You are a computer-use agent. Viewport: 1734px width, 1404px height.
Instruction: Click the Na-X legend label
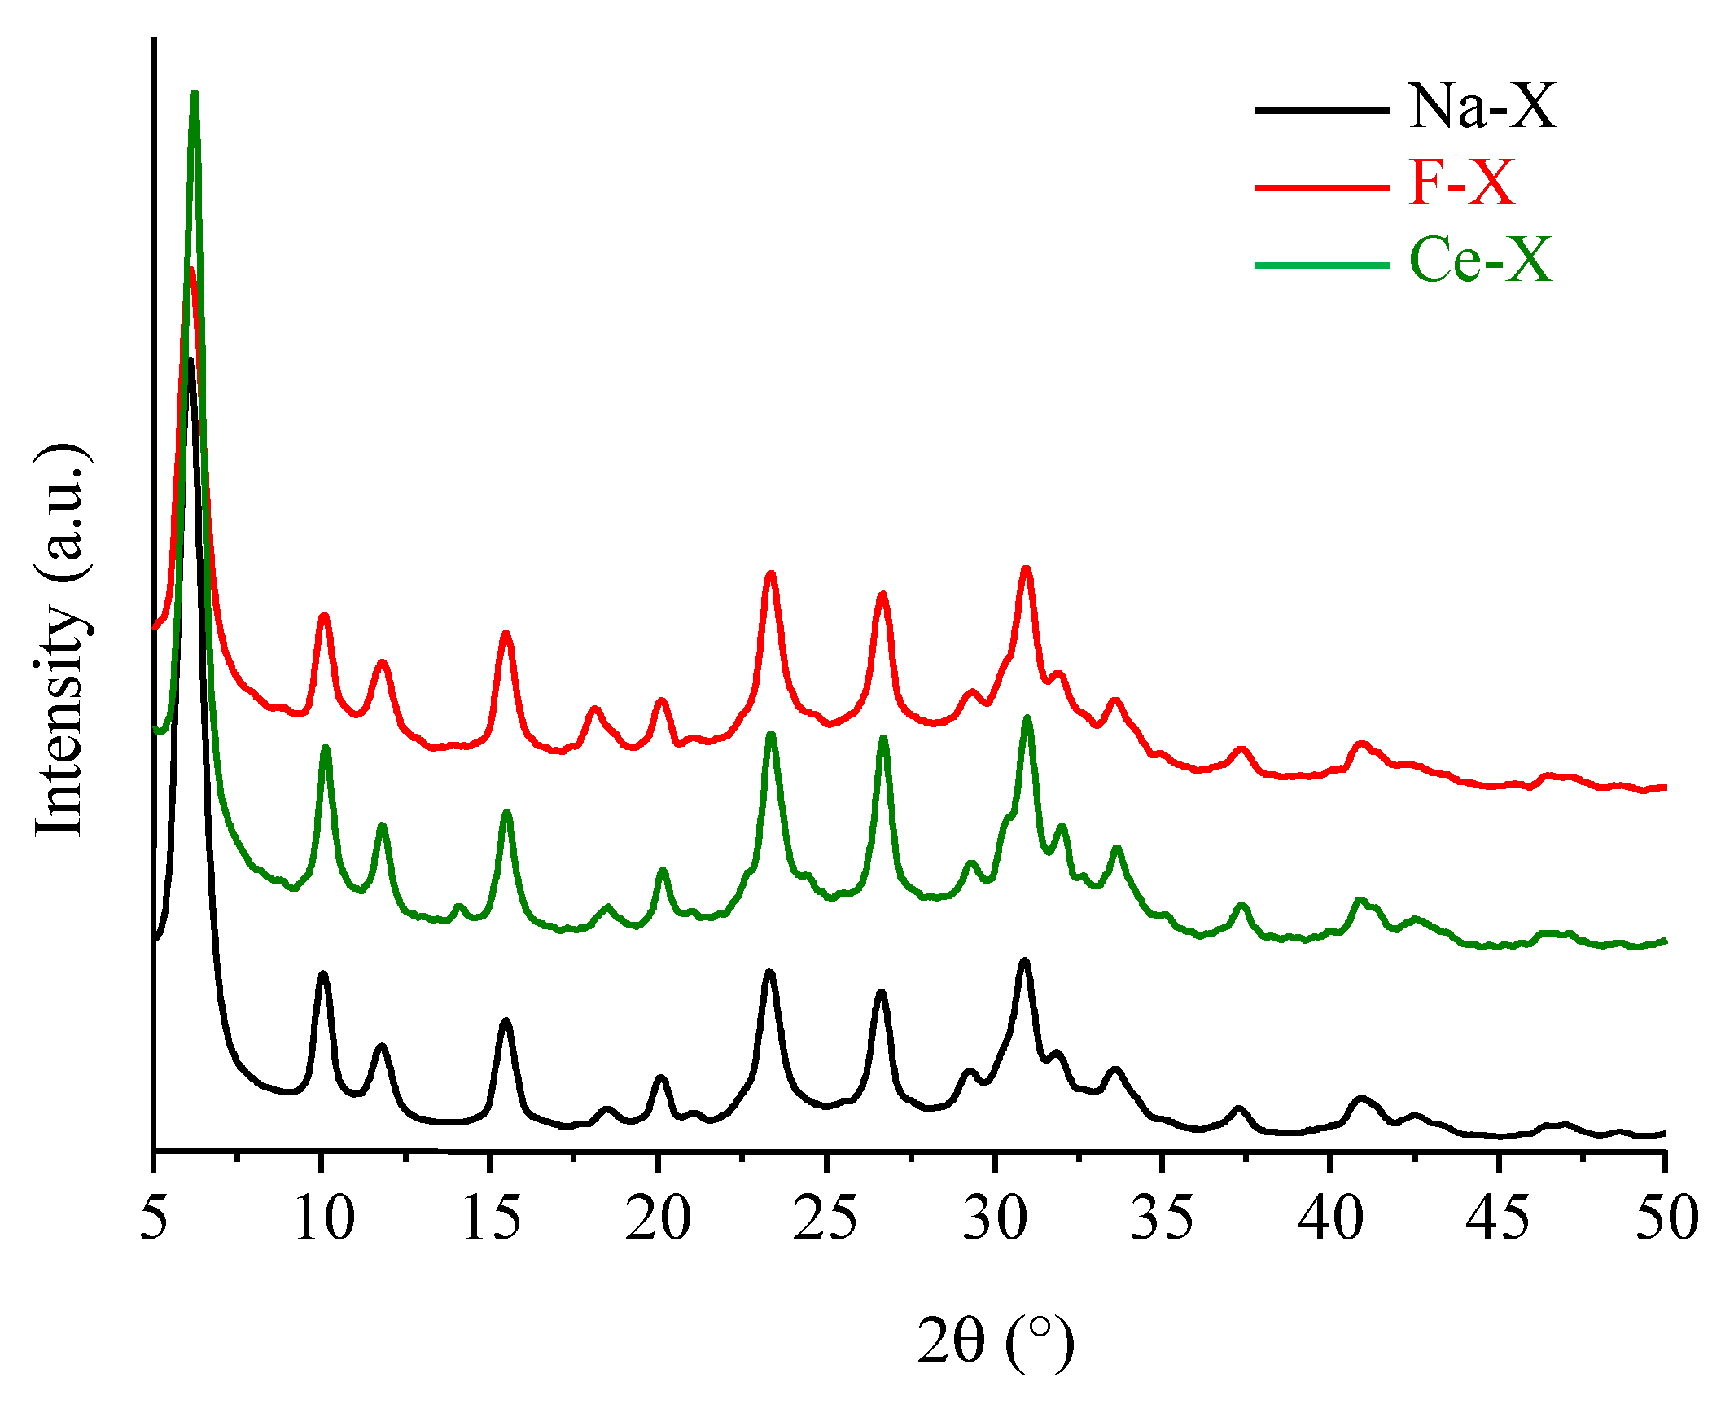pos(1482,107)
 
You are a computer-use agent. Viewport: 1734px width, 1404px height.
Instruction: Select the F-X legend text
pos(1461,182)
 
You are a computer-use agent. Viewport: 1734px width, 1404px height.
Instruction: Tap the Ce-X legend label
pos(1480,260)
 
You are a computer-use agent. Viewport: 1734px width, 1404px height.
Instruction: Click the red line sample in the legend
pos(1321,187)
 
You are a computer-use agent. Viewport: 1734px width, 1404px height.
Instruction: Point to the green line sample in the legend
pos(1321,265)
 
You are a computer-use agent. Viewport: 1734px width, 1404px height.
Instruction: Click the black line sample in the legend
pos(1321,110)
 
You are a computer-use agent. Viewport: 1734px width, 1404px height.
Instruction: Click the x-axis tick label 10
pos(324,1218)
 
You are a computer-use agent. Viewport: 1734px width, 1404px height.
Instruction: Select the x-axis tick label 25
pos(825,1218)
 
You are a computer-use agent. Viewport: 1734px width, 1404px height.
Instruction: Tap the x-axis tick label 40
pos(1330,1218)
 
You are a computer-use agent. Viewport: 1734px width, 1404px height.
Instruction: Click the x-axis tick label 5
pos(154,1218)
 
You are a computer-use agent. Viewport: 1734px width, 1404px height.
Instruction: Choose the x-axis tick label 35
pos(1162,1218)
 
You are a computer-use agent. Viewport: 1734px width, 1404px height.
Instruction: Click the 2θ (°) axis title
pos(995,1341)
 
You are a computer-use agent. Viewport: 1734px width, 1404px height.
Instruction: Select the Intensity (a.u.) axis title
pos(61,640)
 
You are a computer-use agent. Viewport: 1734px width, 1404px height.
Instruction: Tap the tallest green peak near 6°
pos(195,93)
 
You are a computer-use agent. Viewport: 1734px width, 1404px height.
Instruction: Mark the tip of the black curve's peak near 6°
pos(190,359)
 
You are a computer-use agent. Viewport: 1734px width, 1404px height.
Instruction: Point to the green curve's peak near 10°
pos(326,747)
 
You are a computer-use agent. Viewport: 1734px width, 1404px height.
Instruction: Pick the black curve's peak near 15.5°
pos(506,1020)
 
